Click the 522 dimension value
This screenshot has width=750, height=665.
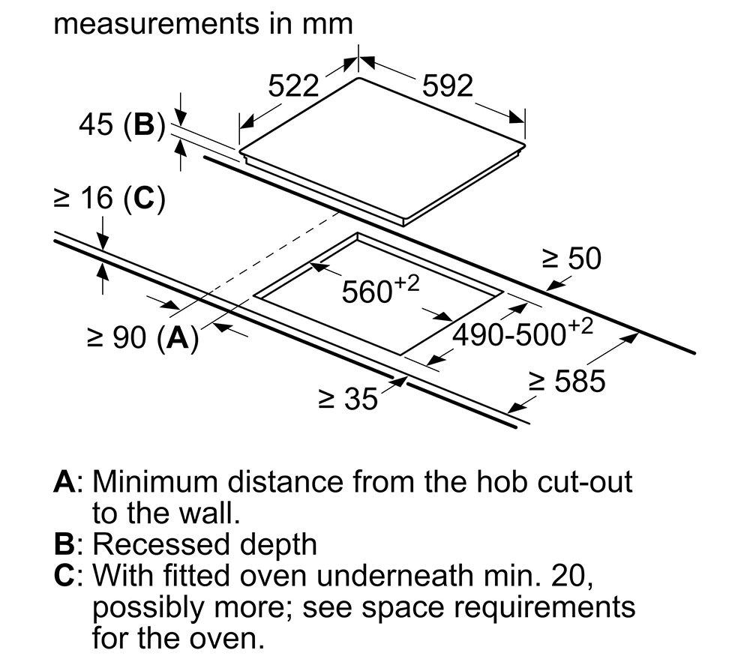click(292, 86)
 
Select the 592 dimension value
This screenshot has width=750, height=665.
click(447, 86)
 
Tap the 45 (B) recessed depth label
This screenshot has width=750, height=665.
click(122, 124)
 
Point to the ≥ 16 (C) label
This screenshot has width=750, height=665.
click(109, 198)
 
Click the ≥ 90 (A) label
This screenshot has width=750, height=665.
click(143, 338)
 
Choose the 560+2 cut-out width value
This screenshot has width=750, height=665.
click(380, 289)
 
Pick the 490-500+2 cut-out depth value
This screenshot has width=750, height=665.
click(523, 332)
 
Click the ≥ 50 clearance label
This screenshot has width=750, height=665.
click(571, 259)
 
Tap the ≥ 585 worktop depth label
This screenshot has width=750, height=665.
click(567, 381)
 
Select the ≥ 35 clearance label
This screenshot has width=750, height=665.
click(348, 399)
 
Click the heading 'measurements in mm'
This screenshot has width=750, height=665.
click(203, 23)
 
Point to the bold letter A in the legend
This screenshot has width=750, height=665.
click(64, 482)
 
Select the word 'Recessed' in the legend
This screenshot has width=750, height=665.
click(161, 544)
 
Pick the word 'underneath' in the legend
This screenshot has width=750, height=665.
click(394, 575)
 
